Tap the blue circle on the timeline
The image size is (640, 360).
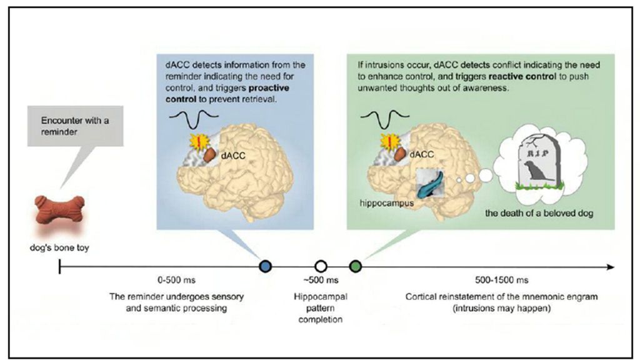[265, 266]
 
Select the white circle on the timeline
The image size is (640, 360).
[321, 266]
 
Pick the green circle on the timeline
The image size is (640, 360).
[356, 266]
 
